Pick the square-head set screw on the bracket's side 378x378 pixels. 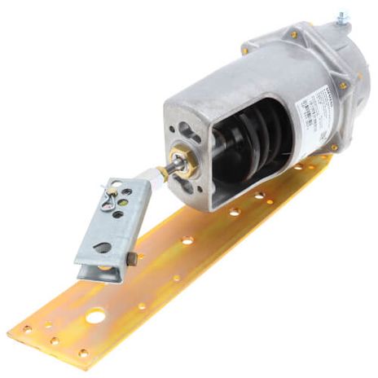pos(130,259)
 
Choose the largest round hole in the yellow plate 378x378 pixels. pos(95,316)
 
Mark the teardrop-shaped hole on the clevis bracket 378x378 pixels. pos(103,247)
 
